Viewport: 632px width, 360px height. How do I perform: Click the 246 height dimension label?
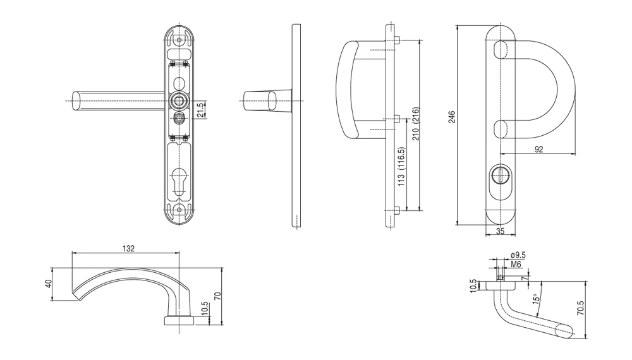point(452,117)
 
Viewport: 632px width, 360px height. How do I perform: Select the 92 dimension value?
point(538,149)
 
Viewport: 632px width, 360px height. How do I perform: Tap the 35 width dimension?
point(500,231)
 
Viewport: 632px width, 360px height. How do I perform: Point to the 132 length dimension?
point(128,248)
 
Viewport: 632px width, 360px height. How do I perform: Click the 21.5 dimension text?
point(200,109)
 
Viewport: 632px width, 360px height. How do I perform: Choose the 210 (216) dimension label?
point(416,124)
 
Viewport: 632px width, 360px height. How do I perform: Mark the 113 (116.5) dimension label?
point(401,167)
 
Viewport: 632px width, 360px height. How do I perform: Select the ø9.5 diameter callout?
point(518,255)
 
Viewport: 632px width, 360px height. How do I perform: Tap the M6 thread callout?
point(516,264)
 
